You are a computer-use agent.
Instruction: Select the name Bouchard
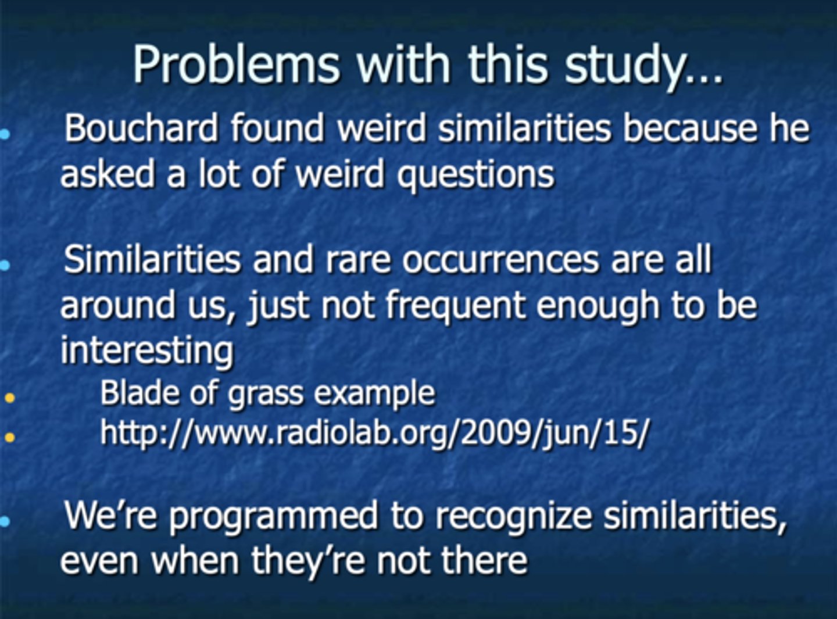tap(141, 128)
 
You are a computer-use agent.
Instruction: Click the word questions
tap(475, 175)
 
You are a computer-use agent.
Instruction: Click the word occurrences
tap(500, 259)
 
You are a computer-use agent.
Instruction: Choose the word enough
tap(598, 305)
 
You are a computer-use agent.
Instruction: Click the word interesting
tap(146, 350)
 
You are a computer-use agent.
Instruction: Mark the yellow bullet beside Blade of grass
tap(9, 399)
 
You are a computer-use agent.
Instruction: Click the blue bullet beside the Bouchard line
tap(5, 134)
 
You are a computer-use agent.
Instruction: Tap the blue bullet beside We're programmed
tap(5, 521)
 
